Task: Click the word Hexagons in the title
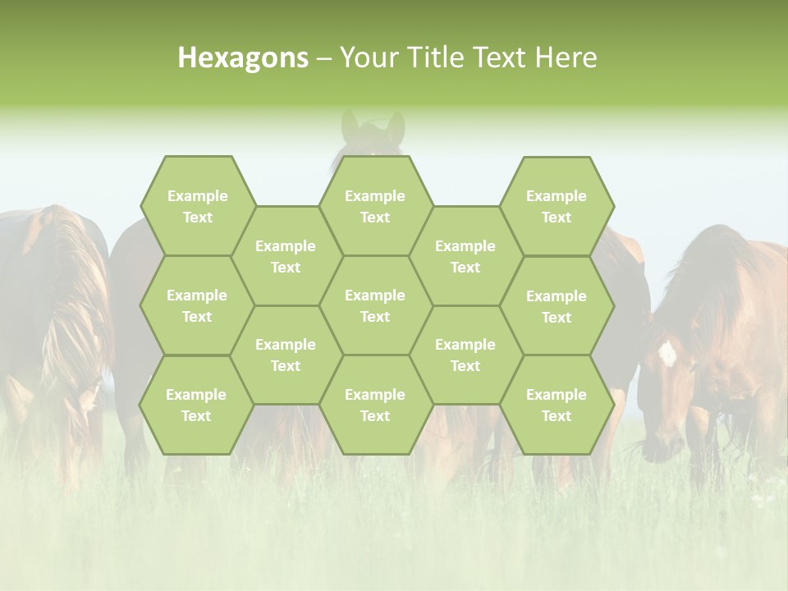point(243,57)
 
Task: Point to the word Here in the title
point(566,57)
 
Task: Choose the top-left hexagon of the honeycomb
point(197,206)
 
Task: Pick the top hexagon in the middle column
point(375,206)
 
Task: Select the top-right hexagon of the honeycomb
point(557,206)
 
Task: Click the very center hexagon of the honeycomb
point(375,305)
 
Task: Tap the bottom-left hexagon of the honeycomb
point(196,405)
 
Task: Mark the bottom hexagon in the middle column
point(375,405)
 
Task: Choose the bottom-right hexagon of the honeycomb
point(557,405)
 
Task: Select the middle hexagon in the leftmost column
point(197,305)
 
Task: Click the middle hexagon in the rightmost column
point(557,306)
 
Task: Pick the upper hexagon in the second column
point(286,256)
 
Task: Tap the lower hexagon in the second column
point(286,355)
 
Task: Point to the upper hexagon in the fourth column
point(465,256)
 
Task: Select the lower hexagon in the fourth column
point(465,355)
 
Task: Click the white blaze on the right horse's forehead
point(667,354)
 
